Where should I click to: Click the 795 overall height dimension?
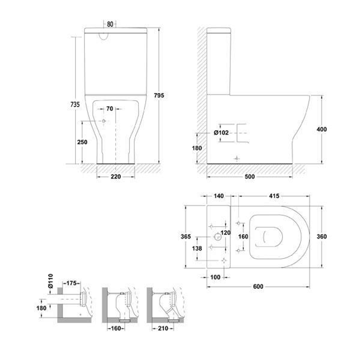(x=159, y=95)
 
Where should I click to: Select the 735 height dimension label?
(x=75, y=104)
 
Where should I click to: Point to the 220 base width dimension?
(x=116, y=177)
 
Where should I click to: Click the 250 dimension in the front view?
(x=82, y=142)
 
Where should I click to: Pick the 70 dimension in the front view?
(x=110, y=109)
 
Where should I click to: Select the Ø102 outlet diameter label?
(x=221, y=133)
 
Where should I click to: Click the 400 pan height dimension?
(x=322, y=129)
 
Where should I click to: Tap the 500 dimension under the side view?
(x=249, y=177)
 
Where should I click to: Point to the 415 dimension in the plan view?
(x=274, y=196)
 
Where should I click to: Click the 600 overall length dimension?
(x=258, y=287)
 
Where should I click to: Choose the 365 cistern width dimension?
(x=186, y=237)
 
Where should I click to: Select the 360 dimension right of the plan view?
(x=322, y=237)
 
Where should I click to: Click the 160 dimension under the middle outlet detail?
(x=116, y=328)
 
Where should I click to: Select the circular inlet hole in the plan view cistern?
(x=217, y=237)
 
